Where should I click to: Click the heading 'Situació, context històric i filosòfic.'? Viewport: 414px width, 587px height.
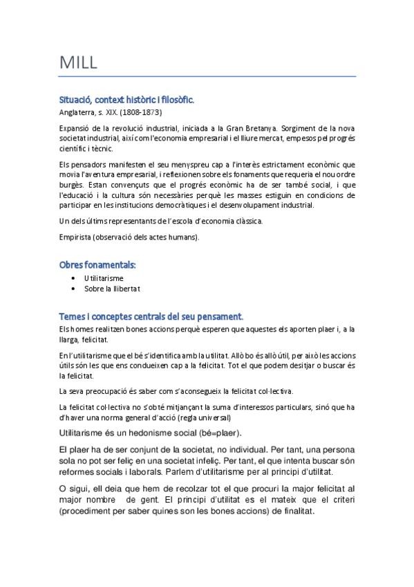point(127,100)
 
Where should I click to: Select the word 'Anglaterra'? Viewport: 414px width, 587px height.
point(77,111)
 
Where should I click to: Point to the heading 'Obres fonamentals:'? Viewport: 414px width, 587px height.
point(97,264)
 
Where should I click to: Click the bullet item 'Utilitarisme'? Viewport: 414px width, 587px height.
point(104,278)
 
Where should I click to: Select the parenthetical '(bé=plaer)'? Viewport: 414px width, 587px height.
point(214,433)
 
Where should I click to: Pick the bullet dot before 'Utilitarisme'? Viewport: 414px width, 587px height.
point(73,278)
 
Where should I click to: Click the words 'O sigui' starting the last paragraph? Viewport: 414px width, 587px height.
point(75,488)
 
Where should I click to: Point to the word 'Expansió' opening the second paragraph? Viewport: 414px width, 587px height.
point(76,128)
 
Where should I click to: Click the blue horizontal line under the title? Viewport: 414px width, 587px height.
point(207,75)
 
